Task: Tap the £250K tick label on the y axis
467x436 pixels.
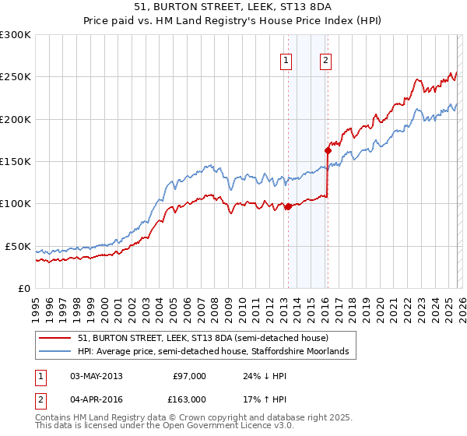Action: coord(16,77)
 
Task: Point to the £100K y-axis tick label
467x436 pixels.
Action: coord(16,203)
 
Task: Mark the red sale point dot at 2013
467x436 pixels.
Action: coord(288,206)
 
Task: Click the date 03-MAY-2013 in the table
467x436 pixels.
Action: coord(97,376)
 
